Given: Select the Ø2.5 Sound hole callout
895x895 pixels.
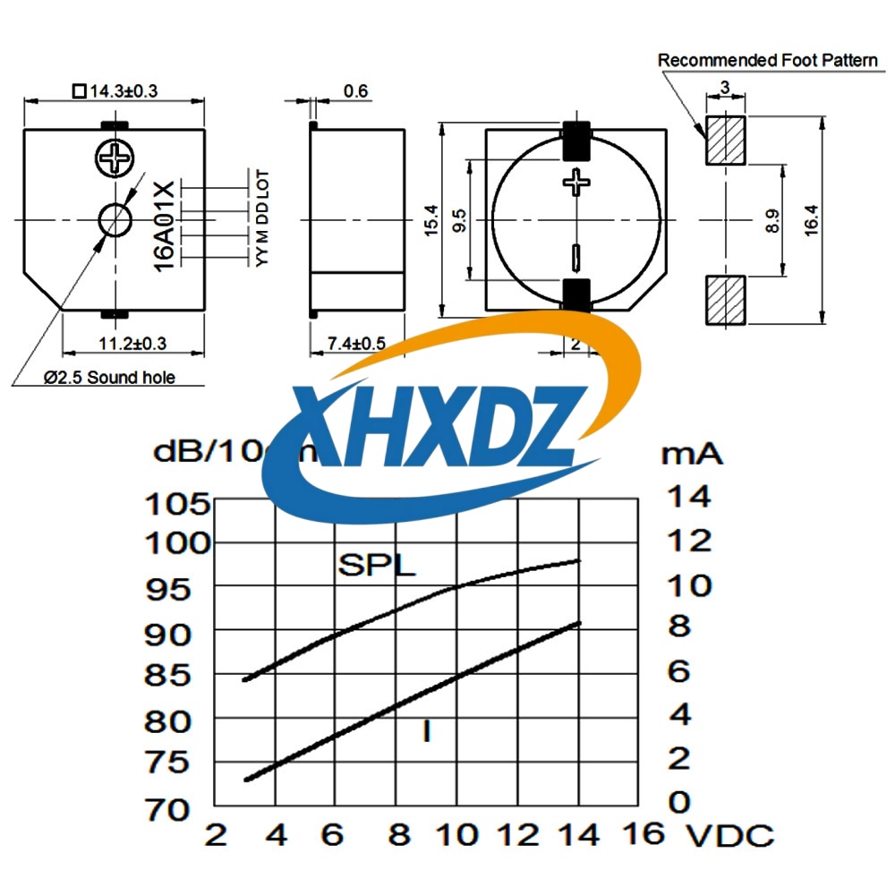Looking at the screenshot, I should (x=110, y=377).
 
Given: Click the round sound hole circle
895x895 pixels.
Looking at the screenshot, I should (x=115, y=219).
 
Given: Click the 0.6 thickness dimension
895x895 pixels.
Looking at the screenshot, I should (x=355, y=91).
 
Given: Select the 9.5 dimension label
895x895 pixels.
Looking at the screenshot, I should (x=460, y=220).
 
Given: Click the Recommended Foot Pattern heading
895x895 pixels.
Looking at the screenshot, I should (x=768, y=60).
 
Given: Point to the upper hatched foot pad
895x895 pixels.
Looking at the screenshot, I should (x=725, y=140).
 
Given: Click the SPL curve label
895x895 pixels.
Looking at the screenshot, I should (x=377, y=566).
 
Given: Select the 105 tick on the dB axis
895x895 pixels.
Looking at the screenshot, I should (x=177, y=505).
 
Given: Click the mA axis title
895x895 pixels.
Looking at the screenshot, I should (x=691, y=453).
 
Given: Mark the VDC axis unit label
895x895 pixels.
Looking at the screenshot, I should (x=729, y=837).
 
